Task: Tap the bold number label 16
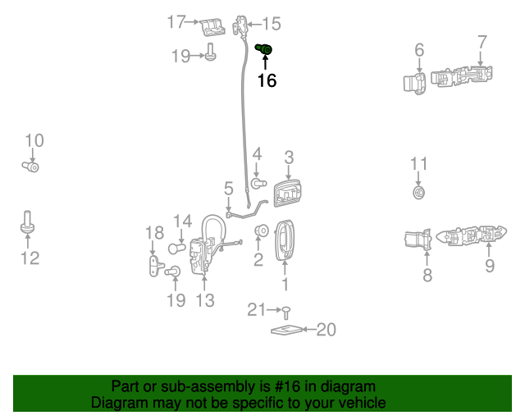pyautogui.click(x=267, y=80)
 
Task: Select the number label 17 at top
pyautogui.click(x=176, y=22)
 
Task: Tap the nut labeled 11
pyautogui.click(x=419, y=193)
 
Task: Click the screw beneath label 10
pyautogui.click(x=32, y=167)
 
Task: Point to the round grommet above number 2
pyautogui.click(x=262, y=231)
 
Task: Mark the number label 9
pyautogui.click(x=489, y=265)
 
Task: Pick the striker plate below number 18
pyautogui.click(x=154, y=266)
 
